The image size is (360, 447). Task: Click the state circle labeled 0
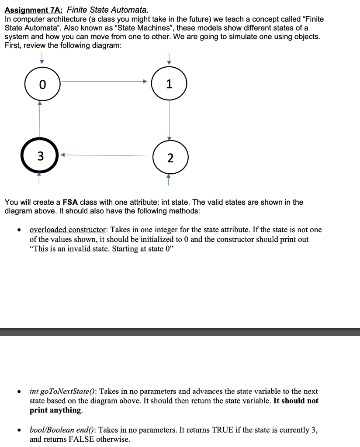tap(42, 85)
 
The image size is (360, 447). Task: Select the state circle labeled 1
tap(170, 84)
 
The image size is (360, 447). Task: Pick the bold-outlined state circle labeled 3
tap(40, 156)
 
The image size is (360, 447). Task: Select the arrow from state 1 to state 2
tap(170, 120)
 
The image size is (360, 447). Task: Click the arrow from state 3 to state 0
tap(40, 120)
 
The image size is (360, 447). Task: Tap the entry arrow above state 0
tap(42, 58)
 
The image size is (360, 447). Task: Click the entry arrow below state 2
tap(170, 179)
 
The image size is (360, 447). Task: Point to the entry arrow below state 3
tap(39, 178)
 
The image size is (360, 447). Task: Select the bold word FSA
tap(70, 202)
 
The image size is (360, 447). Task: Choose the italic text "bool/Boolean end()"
tap(60, 430)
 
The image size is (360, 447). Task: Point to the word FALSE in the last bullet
tap(81, 439)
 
